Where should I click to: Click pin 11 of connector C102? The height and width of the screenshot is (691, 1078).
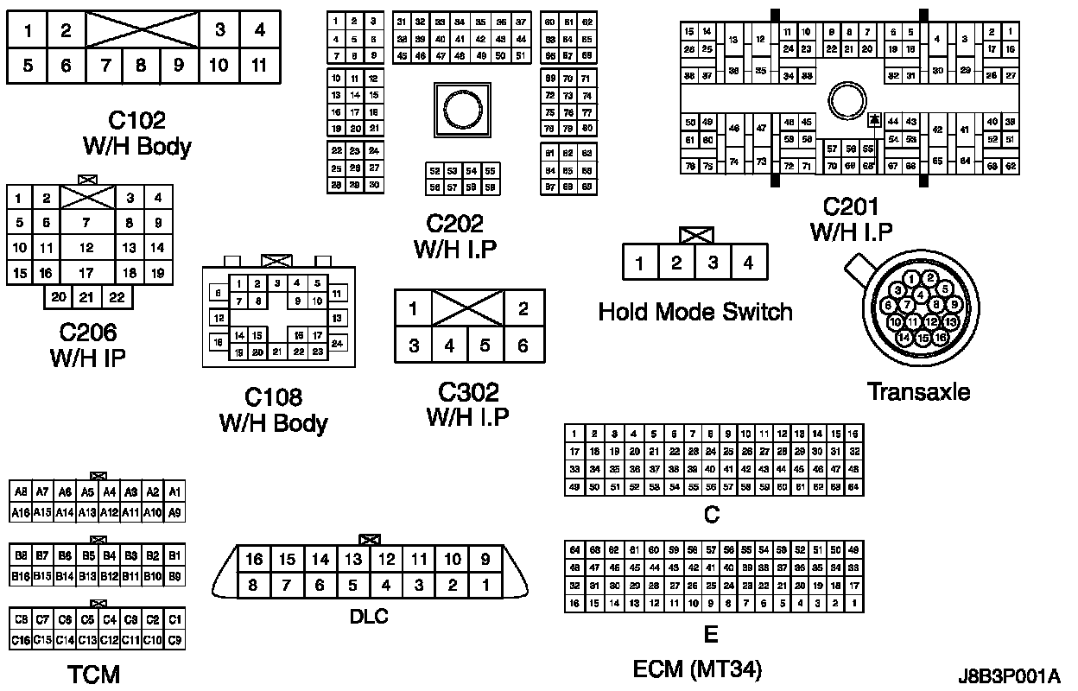pos(259,65)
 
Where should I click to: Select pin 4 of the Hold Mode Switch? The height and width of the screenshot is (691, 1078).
pos(749,263)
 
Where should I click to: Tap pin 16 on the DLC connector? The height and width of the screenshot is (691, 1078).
pos(253,560)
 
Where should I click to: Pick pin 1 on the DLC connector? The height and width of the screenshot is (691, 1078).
pos(485,586)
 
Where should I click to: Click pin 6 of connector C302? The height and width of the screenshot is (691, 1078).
pos(523,345)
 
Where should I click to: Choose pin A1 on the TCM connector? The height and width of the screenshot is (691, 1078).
pos(174,492)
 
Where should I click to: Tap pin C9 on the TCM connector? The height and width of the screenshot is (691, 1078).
pos(174,640)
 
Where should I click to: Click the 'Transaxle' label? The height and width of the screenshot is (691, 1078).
pos(918,391)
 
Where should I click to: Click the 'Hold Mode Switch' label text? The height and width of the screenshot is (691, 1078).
pos(695,311)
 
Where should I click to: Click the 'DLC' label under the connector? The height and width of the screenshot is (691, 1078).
pos(369,616)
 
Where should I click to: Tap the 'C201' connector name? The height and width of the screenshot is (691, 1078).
pos(851,207)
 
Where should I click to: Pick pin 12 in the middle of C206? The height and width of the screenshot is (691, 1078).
pos(86,248)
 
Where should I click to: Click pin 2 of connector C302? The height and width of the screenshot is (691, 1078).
pos(523,308)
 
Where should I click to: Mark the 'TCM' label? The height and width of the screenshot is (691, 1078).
pos(93,674)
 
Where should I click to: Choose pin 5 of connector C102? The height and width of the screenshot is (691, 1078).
pos(29,65)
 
